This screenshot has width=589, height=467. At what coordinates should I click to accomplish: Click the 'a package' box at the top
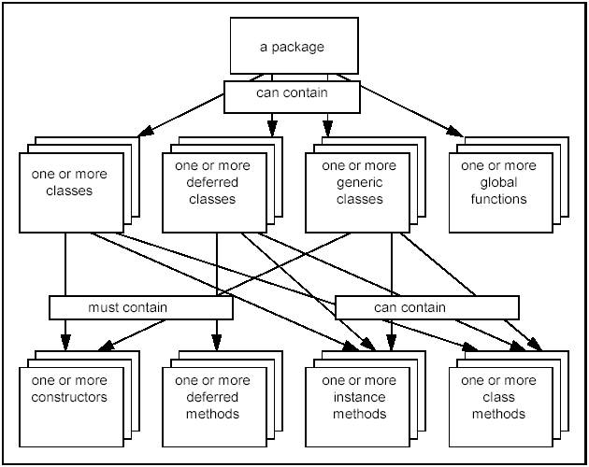294,46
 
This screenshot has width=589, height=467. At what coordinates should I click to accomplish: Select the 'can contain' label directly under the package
293,93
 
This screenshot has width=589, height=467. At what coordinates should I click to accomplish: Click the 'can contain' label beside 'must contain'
426,307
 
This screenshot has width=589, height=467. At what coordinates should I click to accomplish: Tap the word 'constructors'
69,398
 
